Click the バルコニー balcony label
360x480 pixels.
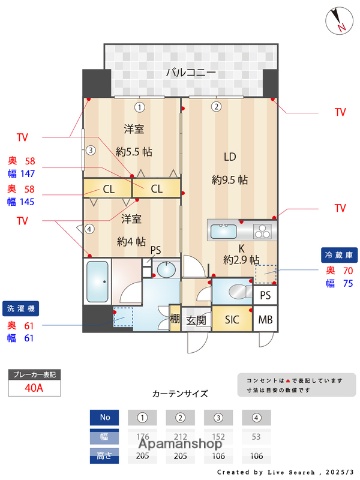(189, 73)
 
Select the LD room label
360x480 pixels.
(229, 156)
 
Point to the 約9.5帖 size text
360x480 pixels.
(230, 181)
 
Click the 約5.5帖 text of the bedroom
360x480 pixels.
(133, 152)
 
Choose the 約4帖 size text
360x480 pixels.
(132, 241)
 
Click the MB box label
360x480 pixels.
(265, 320)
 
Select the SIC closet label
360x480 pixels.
(231, 320)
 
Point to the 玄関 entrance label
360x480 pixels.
(196, 320)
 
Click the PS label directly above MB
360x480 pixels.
(265, 296)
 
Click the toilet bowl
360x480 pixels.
(236, 290)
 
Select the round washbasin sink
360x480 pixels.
(166, 271)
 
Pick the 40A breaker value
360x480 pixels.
(35, 389)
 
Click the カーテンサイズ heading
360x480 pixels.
(180, 394)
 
